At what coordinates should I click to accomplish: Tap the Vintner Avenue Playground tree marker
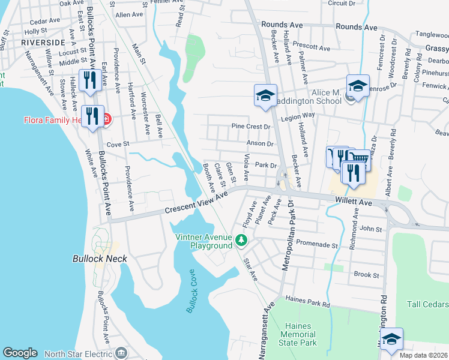tap(242, 241)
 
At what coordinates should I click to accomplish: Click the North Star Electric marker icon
tap(122, 352)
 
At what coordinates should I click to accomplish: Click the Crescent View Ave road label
tap(197, 203)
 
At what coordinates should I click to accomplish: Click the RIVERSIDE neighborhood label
tap(43, 43)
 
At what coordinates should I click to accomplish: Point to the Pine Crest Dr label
tap(251, 127)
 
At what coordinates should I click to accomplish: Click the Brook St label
tap(366, 275)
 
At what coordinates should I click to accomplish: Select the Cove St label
tap(118, 144)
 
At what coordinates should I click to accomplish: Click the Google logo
tap(20, 353)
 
